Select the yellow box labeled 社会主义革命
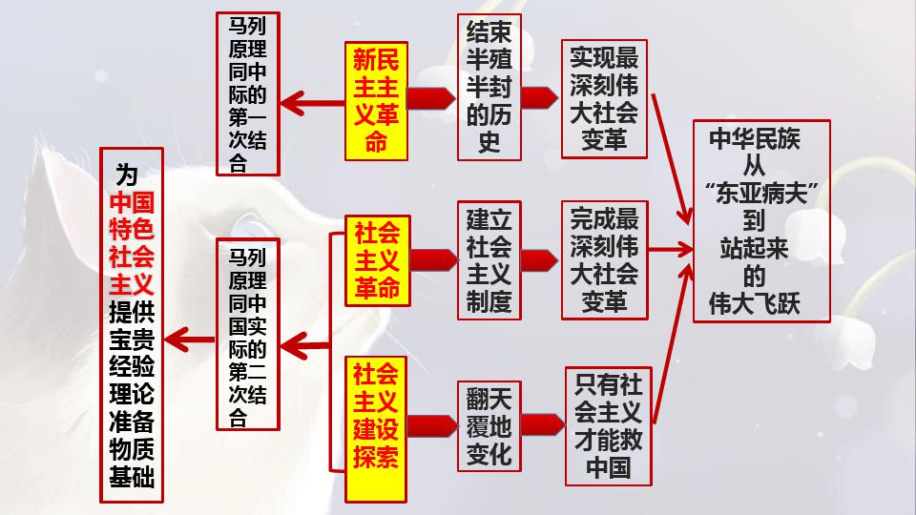coord(377,260)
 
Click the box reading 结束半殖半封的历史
coord(489,88)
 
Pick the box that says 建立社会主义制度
coord(489,259)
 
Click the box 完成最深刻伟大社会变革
coord(604,259)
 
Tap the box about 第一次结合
coord(247,93)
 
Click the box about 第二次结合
coord(247,336)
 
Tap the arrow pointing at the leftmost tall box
coord(191,336)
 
